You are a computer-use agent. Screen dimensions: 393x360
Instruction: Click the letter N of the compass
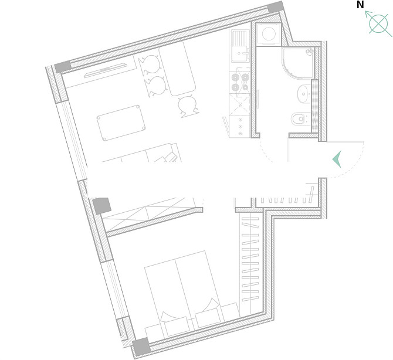click(360, 5)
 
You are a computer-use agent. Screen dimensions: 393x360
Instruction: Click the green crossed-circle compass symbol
click(378, 24)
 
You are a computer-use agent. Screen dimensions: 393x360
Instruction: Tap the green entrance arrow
click(337, 159)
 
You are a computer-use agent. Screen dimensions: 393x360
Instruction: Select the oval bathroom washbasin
click(304, 94)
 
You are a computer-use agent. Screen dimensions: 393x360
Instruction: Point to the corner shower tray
click(298, 63)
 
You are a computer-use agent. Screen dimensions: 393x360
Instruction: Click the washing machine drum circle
click(269, 34)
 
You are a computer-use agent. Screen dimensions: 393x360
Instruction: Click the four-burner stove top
click(240, 83)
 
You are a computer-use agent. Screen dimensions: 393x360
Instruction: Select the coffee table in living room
click(121, 123)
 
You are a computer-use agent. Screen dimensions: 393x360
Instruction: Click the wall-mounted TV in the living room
click(106, 70)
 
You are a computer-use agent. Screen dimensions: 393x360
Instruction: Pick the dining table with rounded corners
click(178, 69)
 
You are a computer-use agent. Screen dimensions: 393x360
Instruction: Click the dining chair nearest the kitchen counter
click(188, 107)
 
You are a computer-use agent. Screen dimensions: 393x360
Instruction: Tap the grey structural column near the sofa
click(101, 206)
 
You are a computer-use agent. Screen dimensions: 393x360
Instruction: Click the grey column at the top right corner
click(276, 7)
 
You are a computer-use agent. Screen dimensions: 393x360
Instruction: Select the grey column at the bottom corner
click(141, 346)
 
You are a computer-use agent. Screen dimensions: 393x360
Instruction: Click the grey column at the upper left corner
click(63, 67)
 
